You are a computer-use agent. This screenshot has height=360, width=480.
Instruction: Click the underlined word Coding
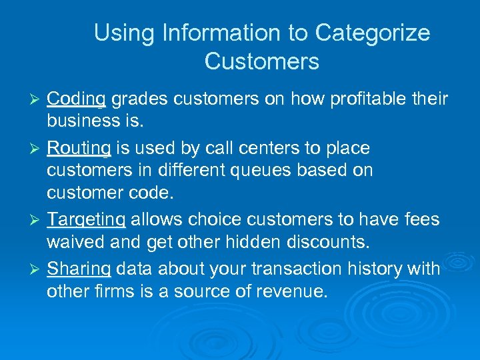point(77,100)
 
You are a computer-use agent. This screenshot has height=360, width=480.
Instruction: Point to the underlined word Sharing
point(79,269)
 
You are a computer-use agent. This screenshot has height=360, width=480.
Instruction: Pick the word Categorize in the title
point(373,33)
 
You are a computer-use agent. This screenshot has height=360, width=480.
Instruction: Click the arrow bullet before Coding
point(38,100)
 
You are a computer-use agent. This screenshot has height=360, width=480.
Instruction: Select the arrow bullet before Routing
point(38,147)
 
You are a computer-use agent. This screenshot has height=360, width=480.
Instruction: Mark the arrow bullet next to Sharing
point(38,269)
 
